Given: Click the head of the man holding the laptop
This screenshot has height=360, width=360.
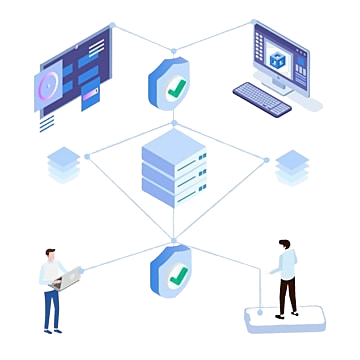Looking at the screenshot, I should pyautogui.click(x=48, y=250).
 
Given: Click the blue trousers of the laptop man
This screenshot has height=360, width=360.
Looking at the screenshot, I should pyautogui.click(x=52, y=310).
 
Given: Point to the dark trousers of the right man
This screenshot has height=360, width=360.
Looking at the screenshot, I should pyautogui.click(x=287, y=296).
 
